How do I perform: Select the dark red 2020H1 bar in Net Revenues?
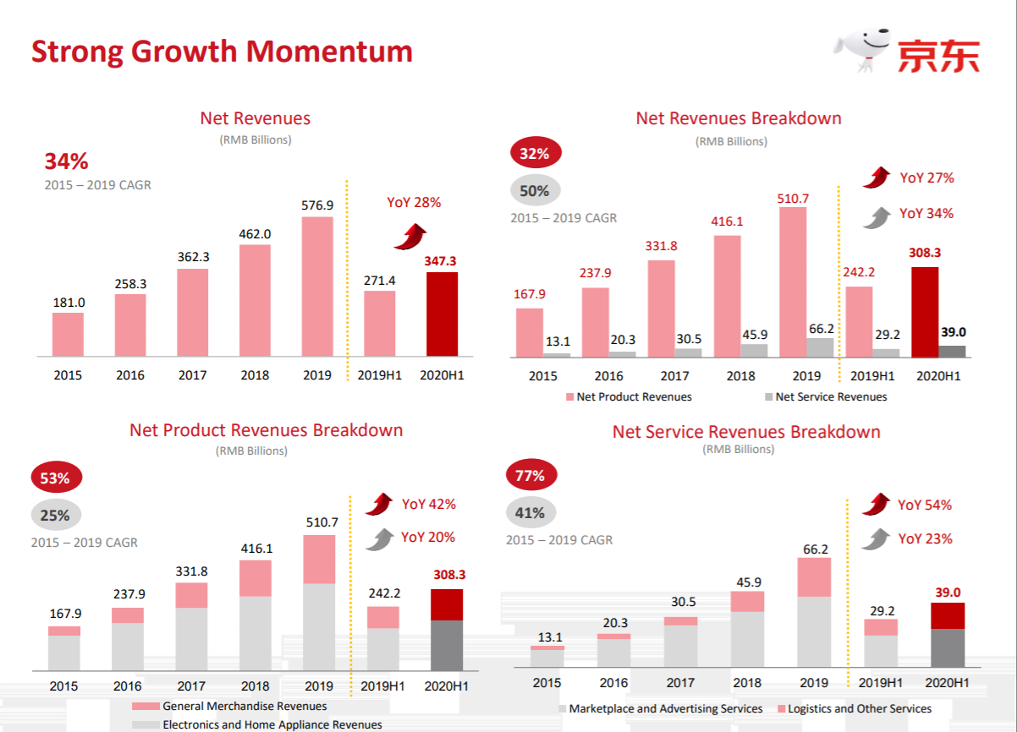pyautogui.click(x=442, y=314)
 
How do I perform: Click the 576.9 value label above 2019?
pyautogui.click(x=317, y=205)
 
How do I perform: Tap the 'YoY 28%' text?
pyautogui.click(x=414, y=203)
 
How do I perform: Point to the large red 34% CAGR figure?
pyautogui.click(x=66, y=161)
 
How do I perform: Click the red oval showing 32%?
pyautogui.click(x=535, y=154)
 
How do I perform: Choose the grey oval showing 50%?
pyautogui.click(x=535, y=191)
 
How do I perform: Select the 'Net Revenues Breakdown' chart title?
pyautogui.click(x=739, y=118)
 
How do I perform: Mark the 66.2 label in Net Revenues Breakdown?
pyautogui.click(x=821, y=329)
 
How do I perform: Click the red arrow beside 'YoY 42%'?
pyautogui.click(x=380, y=505)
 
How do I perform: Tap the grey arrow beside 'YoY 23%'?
pyautogui.click(x=876, y=539)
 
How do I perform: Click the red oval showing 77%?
pyautogui.click(x=530, y=476)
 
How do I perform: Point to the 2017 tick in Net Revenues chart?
pyautogui.click(x=192, y=375)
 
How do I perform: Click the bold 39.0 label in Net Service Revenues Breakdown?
pyautogui.click(x=947, y=593)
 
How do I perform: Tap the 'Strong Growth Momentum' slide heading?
pyautogui.click(x=222, y=52)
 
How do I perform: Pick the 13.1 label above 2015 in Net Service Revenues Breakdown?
pyautogui.click(x=547, y=637)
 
